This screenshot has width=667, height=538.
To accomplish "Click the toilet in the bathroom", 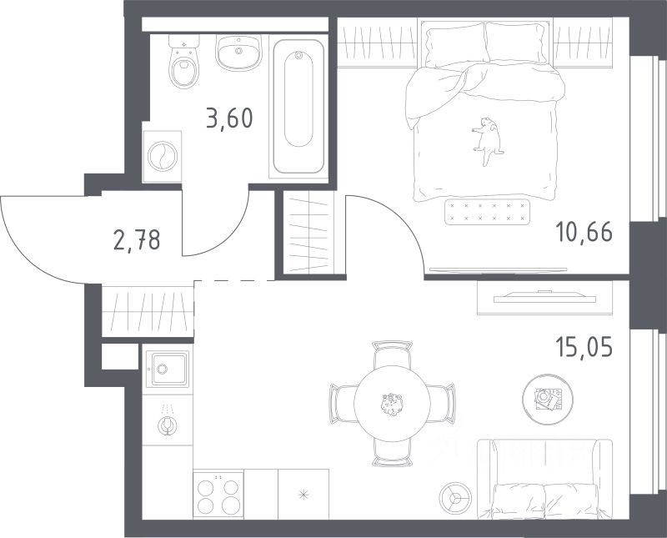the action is (184, 61).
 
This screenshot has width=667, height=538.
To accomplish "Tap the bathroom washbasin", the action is (238, 52).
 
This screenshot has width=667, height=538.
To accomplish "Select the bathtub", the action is (298, 107).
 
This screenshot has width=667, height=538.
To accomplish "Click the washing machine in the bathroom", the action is (163, 157).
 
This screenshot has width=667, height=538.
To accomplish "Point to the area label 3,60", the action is (230, 118).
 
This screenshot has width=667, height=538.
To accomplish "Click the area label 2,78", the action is (137, 239).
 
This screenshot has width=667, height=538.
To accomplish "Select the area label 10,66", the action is (584, 232).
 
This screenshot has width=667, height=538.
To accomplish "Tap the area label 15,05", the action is (584, 347).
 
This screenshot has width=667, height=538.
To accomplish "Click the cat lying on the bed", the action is (488, 140).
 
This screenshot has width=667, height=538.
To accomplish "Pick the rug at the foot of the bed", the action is (488, 212).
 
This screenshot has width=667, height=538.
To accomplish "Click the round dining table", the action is (392, 404).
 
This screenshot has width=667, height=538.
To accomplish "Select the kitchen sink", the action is (168, 369).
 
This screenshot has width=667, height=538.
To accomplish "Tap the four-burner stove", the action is (218, 494).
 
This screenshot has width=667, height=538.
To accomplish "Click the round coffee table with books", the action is (548, 400).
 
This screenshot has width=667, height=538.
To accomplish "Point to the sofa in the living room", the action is (545, 480).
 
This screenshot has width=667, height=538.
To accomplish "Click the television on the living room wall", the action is (544, 297).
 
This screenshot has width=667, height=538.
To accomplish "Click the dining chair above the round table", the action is (392, 354).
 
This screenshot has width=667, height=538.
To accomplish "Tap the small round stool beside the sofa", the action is (455, 498).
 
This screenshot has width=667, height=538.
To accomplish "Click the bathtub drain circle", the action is (298, 55).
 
